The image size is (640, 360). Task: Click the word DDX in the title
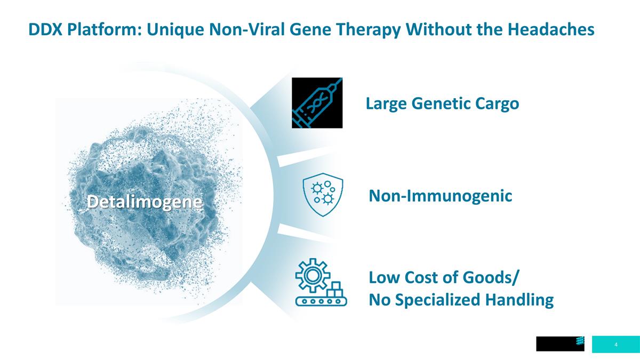click(45, 29)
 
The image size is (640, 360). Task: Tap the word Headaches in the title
click(551, 29)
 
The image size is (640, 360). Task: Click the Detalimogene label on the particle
click(145, 202)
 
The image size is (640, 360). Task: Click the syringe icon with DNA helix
click(317, 103)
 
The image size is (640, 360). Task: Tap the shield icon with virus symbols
click(323, 195)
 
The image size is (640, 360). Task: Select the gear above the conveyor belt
click(313, 275)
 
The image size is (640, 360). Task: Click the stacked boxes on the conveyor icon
click(334, 289)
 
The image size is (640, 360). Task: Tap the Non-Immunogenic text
click(441, 196)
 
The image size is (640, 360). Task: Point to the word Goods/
click(490, 277)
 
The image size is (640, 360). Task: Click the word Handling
click(519, 300)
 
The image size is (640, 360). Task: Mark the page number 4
click(616, 345)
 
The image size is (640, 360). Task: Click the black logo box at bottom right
click(560, 343)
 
